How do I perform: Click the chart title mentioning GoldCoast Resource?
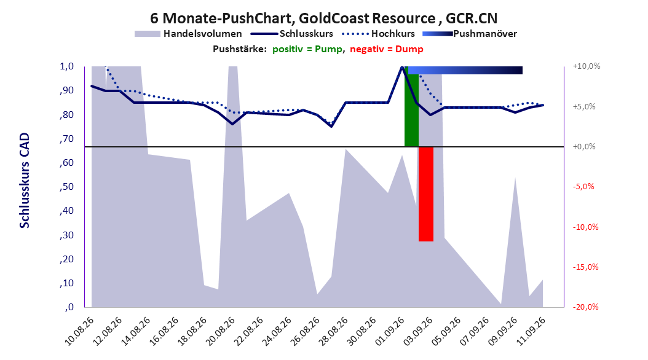[x=323, y=18]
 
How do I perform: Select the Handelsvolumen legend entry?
[x=188, y=34]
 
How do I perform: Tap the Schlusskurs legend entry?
[x=292, y=34]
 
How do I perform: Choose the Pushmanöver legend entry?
[x=470, y=34]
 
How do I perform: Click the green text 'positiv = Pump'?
[x=307, y=49]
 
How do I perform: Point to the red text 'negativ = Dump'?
[x=387, y=49]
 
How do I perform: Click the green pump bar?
[x=411, y=106]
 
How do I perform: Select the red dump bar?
[x=425, y=194]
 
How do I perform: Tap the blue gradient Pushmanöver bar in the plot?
[x=465, y=70]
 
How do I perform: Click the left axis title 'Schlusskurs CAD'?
[x=25, y=181]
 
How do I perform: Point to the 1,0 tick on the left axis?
[x=66, y=66]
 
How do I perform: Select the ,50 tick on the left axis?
[x=66, y=187]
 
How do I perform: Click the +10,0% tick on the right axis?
[x=587, y=66]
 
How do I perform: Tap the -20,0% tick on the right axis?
[x=585, y=307]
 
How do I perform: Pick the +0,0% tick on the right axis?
[x=584, y=147]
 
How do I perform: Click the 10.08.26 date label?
[x=80, y=331]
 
